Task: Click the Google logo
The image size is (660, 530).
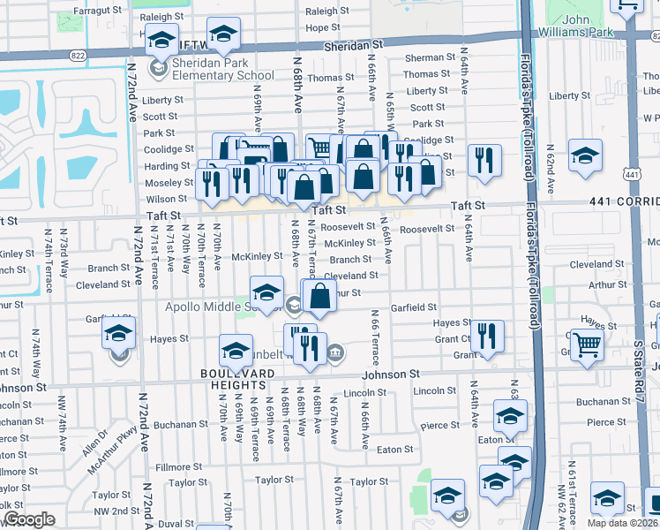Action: point(28,519)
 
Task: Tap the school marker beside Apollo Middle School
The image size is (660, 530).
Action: point(266,291)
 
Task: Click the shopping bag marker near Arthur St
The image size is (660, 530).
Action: point(321,296)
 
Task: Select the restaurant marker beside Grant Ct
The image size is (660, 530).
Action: point(486,337)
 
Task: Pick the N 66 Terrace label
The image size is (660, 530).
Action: point(375,337)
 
